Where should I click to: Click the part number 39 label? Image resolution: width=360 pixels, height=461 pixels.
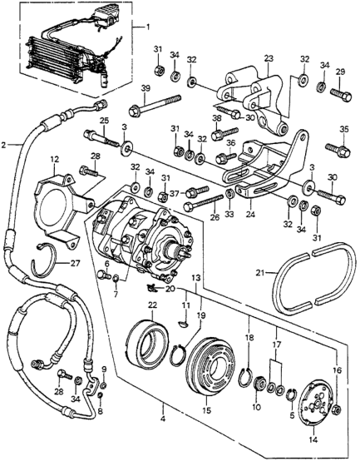point(145,88)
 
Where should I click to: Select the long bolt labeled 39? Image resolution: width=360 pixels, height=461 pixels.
point(155,105)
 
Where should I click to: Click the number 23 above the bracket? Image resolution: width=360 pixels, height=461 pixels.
point(269,58)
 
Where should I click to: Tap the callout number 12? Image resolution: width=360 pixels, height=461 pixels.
point(55,160)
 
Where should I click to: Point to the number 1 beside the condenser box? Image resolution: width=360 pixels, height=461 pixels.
point(148,27)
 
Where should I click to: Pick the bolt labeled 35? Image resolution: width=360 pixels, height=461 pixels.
point(338,149)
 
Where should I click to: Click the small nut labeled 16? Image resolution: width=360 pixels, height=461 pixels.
point(337,409)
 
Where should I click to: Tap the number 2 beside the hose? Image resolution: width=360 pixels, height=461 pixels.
point(4,145)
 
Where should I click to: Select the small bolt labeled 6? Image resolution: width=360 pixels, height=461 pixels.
point(103,275)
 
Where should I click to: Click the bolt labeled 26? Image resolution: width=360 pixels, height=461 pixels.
point(203,202)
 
